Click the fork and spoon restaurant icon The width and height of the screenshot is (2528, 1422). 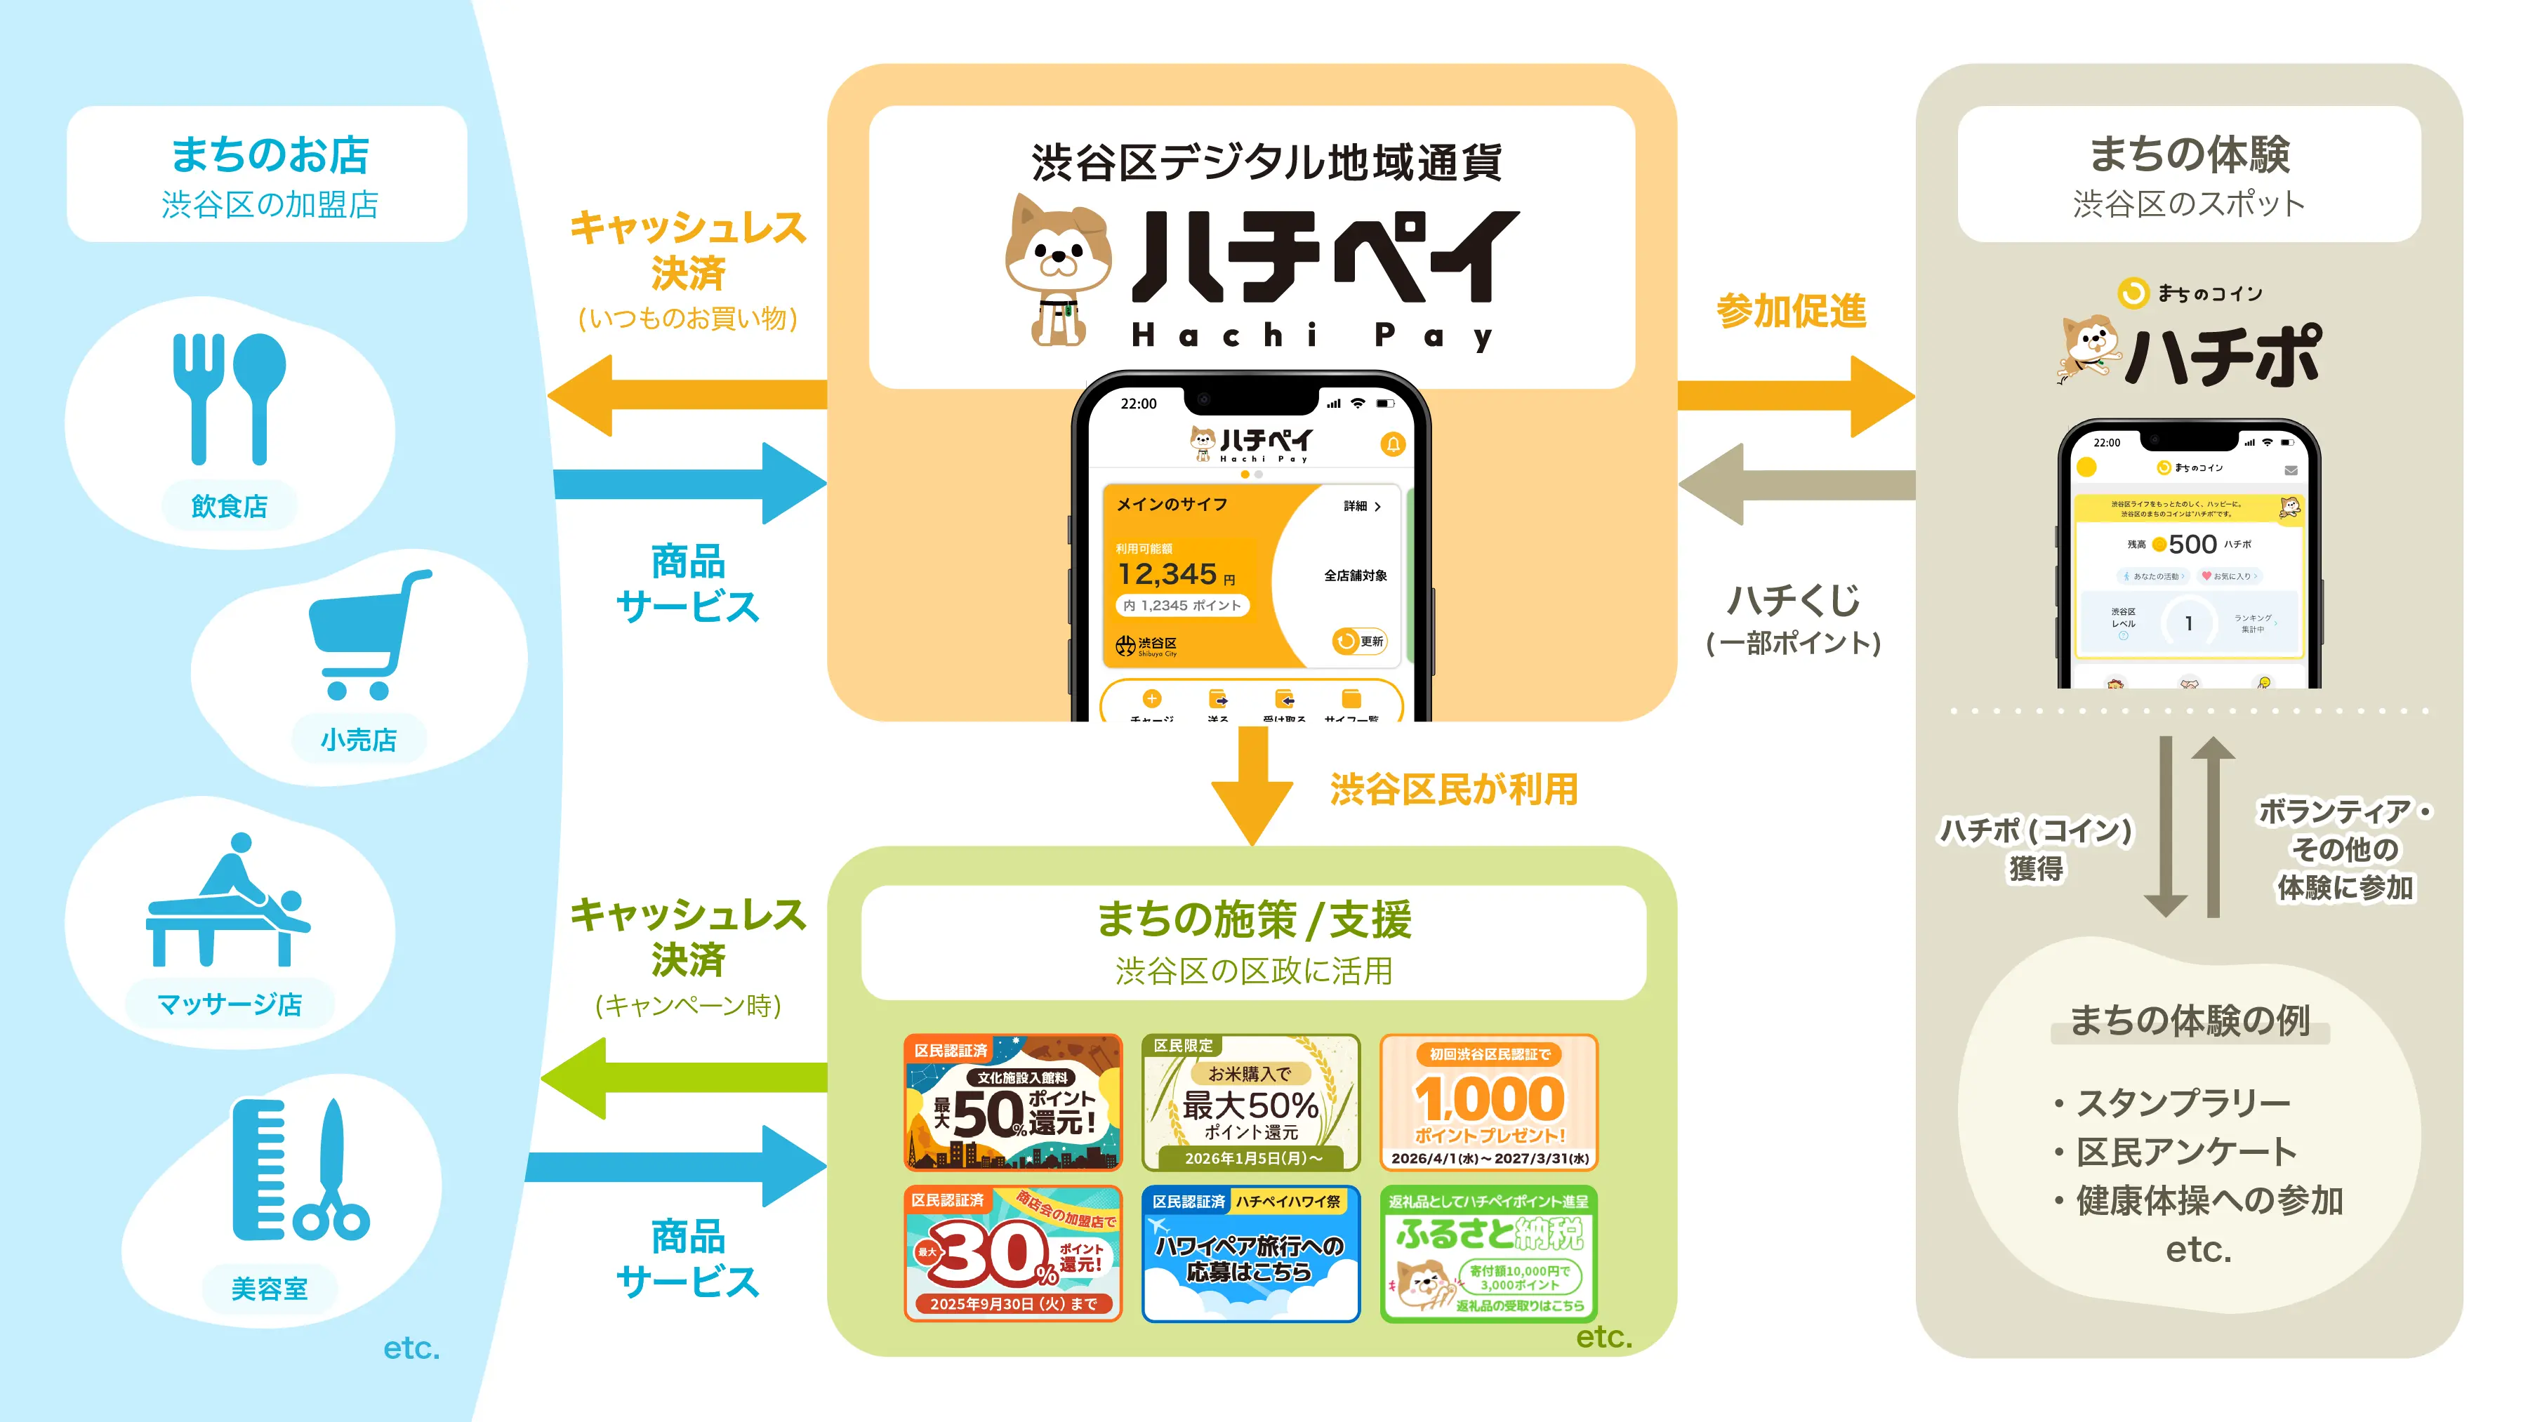229,397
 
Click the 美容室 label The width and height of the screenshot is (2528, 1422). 269,1289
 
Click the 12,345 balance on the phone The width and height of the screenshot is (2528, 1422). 1168,574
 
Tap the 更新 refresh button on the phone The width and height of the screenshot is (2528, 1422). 1360,641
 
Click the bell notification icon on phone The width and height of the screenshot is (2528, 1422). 1393,444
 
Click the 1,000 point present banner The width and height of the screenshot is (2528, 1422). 1489,1102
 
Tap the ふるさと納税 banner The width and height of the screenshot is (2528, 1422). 1489,1254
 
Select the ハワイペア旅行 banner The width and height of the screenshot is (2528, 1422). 1250,1254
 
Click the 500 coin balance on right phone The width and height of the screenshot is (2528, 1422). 2192,544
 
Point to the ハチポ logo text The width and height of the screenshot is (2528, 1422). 2223,355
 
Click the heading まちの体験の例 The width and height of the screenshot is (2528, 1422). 2190,1021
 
